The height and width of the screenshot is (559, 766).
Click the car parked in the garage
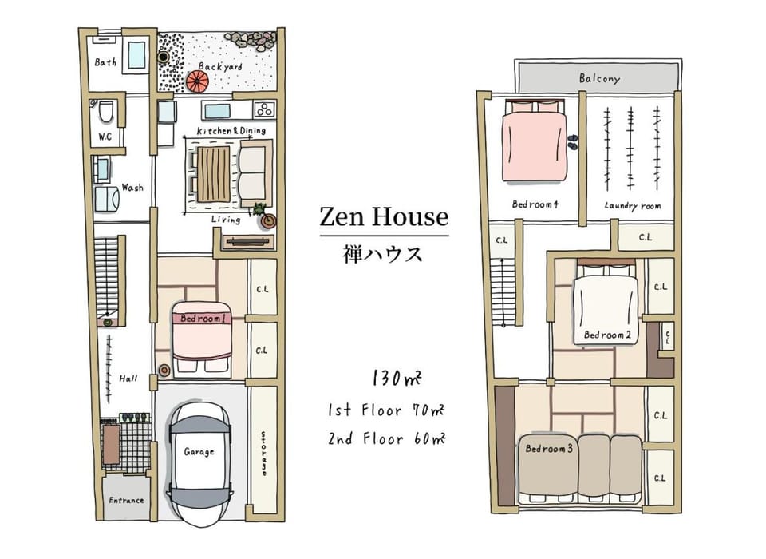(x=199, y=464)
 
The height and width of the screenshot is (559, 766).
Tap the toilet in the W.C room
(x=106, y=112)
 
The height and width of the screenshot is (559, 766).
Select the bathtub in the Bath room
(x=136, y=55)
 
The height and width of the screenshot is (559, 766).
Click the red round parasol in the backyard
(x=197, y=81)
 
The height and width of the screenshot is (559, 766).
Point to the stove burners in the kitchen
(x=264, y=109)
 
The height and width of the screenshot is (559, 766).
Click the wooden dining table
(x=213, y=173)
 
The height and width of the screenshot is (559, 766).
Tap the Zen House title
(x=384, y=216)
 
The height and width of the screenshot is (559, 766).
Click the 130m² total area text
(x=397, y=378)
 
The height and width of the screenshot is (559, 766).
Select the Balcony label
(x=599, y=78)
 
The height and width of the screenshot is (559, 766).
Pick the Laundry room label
(x=633, y=206)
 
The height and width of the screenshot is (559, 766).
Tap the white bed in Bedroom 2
(x=606, y=303)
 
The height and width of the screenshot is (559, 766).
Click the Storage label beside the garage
(x=263, y=453)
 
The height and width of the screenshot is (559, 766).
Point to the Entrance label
(x=126, y=501)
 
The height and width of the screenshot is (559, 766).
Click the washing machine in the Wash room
(x=106, y=199)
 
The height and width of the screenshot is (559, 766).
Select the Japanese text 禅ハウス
(x=382, y=254)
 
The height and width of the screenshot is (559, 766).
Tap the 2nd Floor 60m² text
(x=386, y=438)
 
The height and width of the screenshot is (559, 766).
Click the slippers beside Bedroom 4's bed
(x=573, y=142)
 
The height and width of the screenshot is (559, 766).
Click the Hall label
(x=128, y=378)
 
